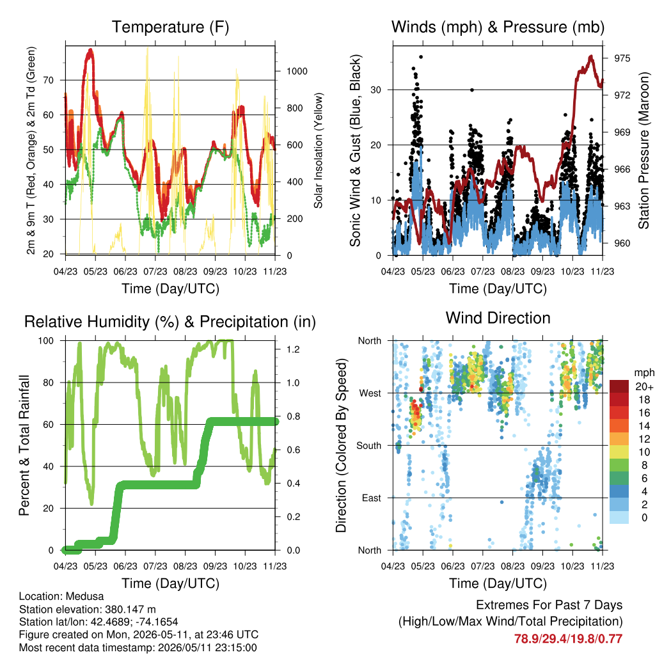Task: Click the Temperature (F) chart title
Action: click(170, 27)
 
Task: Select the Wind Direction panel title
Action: click(498, 318)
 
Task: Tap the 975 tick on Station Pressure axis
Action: click(622, 58)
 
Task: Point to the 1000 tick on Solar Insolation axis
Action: click(297, 72)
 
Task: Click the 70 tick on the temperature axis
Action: click(49, 80)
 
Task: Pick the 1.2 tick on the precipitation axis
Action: click(293, 350)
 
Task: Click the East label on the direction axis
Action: click(372, 498)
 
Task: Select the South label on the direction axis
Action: click(369, 446)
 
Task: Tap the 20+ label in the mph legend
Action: click(644, 387)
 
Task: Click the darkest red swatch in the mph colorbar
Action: click(619, 386)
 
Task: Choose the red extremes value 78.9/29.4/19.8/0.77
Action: click(568, 639)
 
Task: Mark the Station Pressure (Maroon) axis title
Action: click(643, 150)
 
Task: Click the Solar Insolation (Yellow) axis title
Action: click(319, 150)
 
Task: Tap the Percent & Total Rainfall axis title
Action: click(24, 445)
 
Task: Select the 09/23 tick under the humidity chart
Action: click(215, 567)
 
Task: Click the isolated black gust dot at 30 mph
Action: click(472, 90)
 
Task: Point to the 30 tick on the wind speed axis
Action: click(376, 90)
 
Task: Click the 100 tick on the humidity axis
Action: click(46, 341)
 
